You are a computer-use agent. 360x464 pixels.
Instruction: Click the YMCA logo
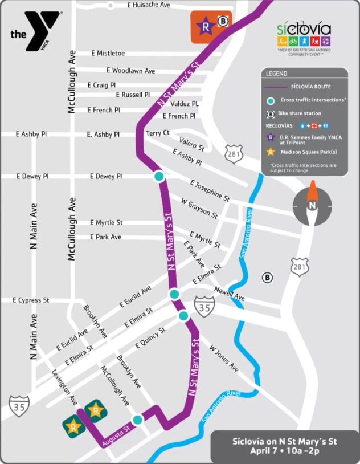34,31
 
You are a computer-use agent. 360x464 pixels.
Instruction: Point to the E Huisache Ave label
149,5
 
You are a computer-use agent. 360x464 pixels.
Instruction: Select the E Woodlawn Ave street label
130,71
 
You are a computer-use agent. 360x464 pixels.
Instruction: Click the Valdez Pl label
185,104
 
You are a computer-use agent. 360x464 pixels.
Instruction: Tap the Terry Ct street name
158,133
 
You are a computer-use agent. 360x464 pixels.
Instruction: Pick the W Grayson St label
199,209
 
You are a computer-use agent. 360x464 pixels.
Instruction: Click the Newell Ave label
230,294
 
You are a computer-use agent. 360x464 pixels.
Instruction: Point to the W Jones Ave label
224,358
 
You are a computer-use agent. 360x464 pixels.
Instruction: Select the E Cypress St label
31,300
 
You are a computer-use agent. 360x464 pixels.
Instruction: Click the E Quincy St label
150,338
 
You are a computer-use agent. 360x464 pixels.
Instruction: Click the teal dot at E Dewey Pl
159,177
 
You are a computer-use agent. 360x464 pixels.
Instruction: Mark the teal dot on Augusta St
137,420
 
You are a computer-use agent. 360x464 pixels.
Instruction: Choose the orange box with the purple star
211,26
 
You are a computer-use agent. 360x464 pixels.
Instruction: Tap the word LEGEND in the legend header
276,74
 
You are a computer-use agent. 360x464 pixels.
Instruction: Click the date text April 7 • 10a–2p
285,450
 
